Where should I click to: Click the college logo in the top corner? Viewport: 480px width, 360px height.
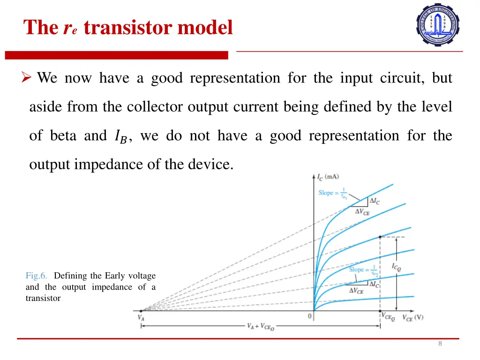[438, 25]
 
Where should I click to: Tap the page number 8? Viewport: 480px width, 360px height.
[440, 344]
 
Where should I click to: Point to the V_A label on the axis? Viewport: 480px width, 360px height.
[141, 317]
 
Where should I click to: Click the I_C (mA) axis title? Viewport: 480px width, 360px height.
[328, 177]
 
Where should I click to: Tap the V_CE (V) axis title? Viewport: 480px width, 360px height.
[412, 317]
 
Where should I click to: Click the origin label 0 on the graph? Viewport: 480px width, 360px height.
[309, 316]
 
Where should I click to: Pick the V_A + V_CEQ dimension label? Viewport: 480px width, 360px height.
[261, 327]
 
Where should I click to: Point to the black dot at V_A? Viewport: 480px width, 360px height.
[141, 310]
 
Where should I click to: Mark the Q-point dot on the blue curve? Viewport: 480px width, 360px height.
[380, 237]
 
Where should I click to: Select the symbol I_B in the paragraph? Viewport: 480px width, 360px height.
[120, 136]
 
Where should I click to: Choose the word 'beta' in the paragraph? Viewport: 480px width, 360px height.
[63, 136]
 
